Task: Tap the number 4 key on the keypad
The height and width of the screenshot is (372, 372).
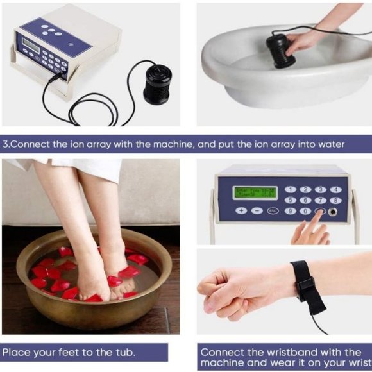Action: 335,189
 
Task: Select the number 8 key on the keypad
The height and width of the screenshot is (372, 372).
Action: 335,200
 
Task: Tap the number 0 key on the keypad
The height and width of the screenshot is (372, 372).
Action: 305,211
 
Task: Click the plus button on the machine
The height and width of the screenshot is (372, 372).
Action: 241,210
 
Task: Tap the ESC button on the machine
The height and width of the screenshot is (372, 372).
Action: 272,210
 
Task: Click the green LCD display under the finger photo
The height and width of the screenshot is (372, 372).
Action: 255,192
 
